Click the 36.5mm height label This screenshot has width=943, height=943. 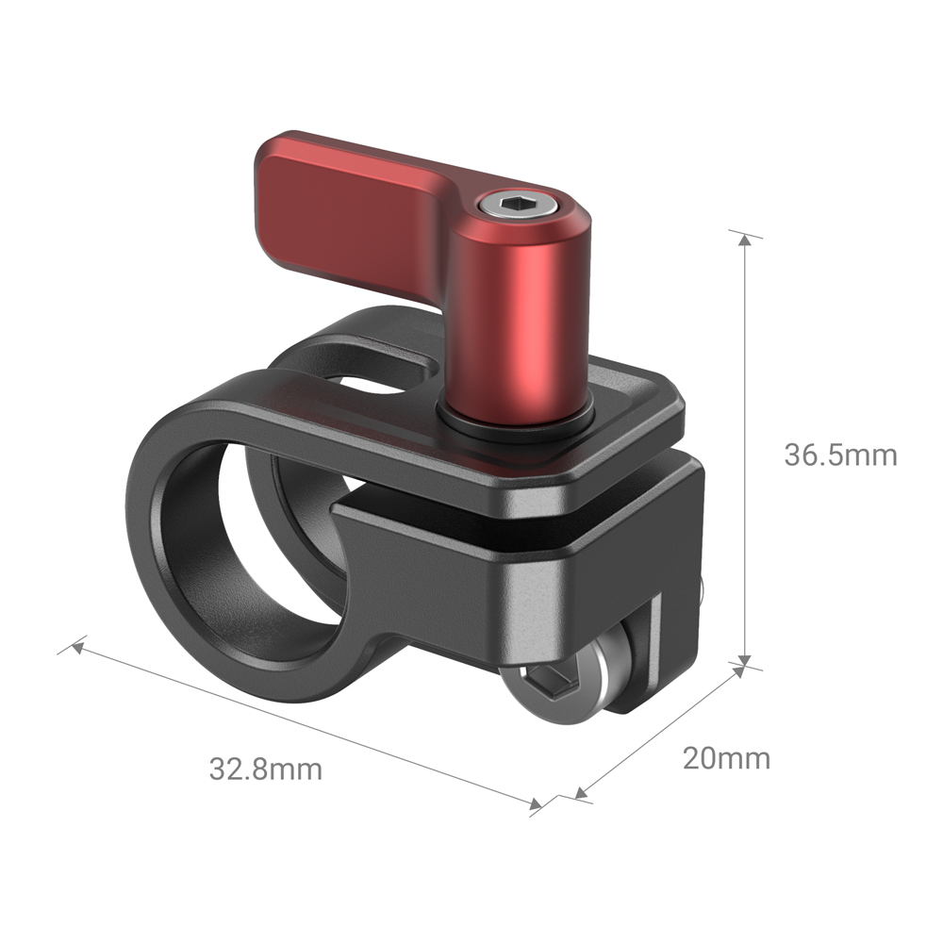click(x=840, y=455)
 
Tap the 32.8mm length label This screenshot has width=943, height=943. click(x=265, y=769)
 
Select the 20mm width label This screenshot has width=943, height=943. click(x=726, y=757)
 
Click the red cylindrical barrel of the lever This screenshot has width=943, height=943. click(x=519, y=321)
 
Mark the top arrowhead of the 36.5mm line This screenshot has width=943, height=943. click(x=746, y=240)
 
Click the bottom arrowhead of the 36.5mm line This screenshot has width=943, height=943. click(x=746, y=661)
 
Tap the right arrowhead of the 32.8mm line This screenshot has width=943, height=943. click(x=536, y=804)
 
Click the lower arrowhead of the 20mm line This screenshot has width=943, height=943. click(x=582, y=795)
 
